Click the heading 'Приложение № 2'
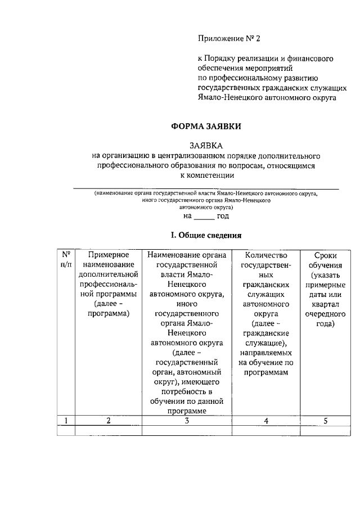[229, 39]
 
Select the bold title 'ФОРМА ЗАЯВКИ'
[206, 127]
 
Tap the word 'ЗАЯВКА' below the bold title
[206, 145]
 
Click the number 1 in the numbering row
[66, 420]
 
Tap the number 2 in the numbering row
[108, 420]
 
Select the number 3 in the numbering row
[186, 420]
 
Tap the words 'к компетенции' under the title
[206, 175]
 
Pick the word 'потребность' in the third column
[186, 391]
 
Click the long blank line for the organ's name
[206, 188]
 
